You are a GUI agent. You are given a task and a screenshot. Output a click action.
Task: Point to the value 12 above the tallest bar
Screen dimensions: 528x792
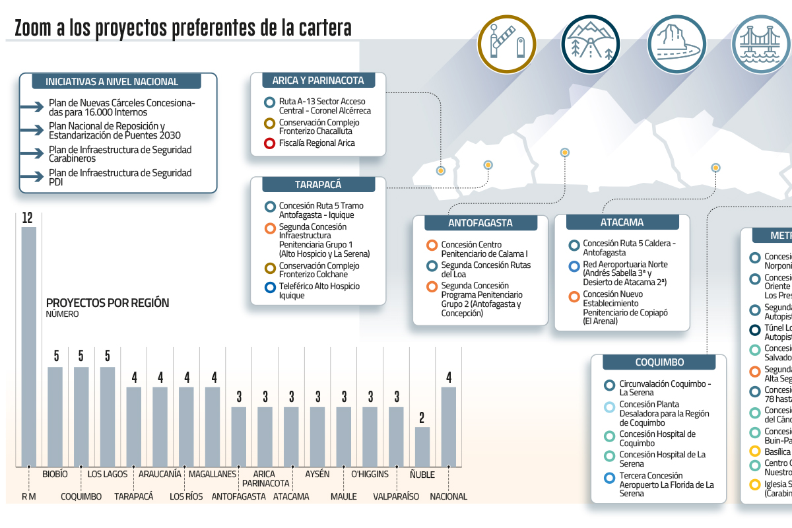[x=28, y=218]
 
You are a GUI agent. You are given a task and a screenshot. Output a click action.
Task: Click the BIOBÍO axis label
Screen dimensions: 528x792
[x=55, y=474]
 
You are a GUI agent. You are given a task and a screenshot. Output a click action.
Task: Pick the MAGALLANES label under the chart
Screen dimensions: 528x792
[x=212, y=474]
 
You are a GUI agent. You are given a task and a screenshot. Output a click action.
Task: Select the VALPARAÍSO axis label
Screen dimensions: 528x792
[x=396, y=496]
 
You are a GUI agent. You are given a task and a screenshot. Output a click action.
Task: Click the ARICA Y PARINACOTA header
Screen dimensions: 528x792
[x=318, y=81]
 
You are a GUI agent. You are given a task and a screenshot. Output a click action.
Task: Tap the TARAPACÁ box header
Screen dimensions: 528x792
[x=318, y=185]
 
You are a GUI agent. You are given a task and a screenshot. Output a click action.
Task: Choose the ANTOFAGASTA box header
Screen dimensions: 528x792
[x=480, y=223]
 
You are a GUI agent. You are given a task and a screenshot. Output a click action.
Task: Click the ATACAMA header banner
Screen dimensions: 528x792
[x=622, y=222]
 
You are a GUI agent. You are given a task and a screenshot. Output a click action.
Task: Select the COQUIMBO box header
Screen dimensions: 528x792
[x=659, y=362]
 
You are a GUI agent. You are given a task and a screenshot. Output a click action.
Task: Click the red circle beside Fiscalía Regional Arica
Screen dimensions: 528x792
[x=269, y=143]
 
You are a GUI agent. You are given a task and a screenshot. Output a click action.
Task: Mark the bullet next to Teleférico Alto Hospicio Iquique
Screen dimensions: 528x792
[x=269, y=287]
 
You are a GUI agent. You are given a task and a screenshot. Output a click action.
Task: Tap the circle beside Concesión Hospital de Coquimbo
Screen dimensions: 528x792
[x=609, y=435]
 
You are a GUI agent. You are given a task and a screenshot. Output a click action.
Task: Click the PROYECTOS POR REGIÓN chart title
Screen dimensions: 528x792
[x=108, y=303]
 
